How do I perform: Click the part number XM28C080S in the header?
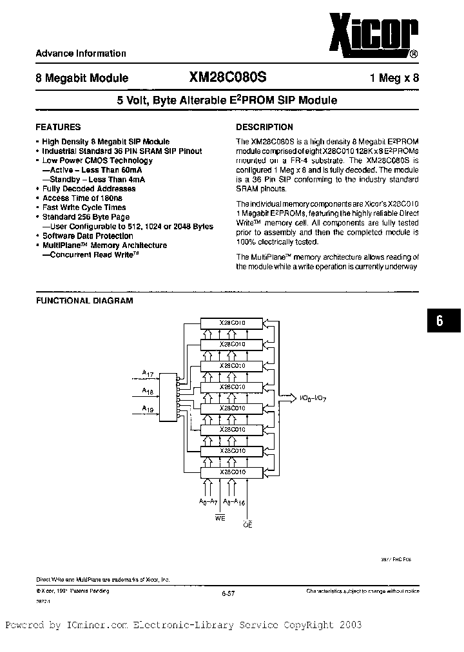227,77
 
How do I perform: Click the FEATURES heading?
58,127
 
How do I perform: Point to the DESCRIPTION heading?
264,127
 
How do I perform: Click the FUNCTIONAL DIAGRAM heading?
84,300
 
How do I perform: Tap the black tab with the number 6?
440,320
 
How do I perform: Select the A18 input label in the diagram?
148,390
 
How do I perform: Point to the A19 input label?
148,408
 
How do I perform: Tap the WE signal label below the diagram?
220,518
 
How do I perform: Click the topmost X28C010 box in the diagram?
232,322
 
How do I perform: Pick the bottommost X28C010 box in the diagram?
232,472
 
